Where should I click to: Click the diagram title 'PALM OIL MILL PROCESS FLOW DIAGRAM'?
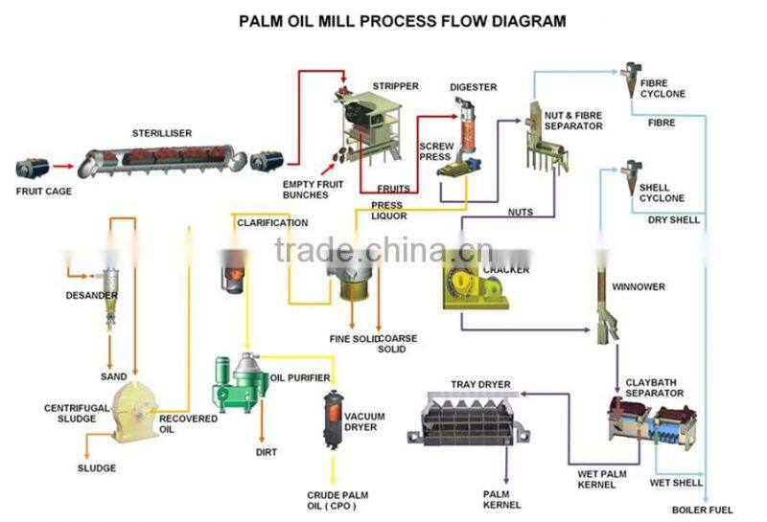point(402,20)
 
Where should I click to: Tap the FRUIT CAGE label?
point(43,191)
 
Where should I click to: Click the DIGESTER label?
point(473,87)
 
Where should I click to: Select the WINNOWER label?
point(638,286)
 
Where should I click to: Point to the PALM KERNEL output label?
point(502,499)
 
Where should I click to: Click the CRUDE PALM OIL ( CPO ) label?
point(337,500)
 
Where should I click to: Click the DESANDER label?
point(91,295)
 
